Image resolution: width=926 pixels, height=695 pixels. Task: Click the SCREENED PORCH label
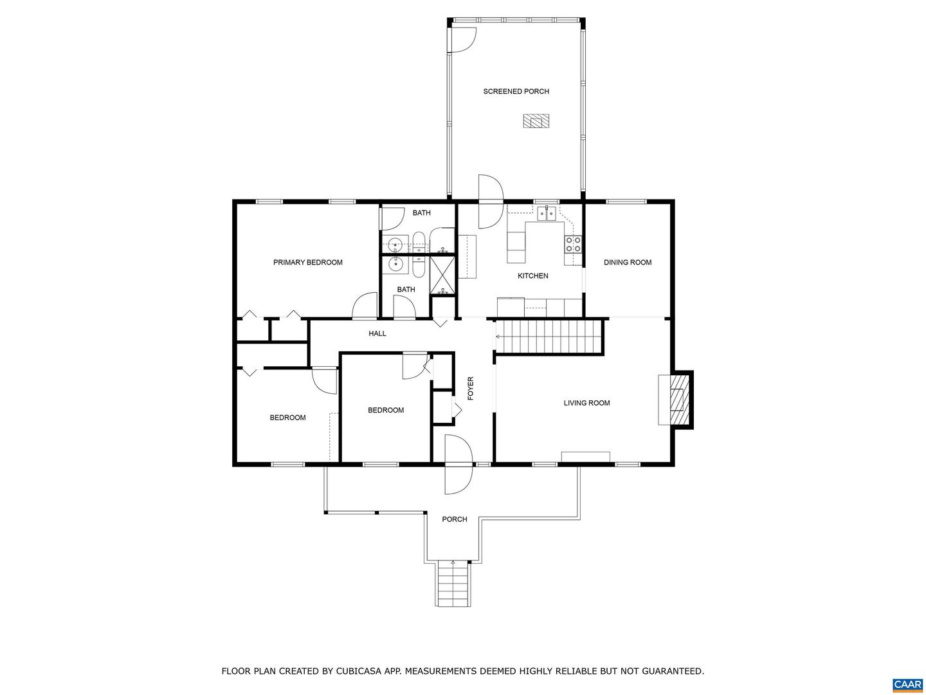point(516,91)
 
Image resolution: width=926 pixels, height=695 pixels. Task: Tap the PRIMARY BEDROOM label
point(307,262)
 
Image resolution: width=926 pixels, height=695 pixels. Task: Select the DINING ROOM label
point(628,262)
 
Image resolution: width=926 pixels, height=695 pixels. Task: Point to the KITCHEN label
point(533,275)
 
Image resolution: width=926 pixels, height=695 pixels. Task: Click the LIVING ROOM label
point(586,403)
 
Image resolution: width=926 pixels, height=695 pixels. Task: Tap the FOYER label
point(470,388)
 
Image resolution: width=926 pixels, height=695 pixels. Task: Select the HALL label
point(377,333)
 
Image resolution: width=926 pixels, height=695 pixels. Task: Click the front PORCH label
point(455,519)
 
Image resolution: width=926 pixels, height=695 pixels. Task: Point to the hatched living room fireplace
point(678,399)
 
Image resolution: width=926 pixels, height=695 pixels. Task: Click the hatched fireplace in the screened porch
point(536,121)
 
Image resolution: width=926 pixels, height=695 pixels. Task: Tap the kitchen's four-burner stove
point(573,245)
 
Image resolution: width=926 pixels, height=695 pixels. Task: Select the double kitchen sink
point(547,214)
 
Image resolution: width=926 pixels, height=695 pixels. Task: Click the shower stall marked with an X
point(442,275)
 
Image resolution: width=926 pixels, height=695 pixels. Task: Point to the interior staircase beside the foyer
point(549,336)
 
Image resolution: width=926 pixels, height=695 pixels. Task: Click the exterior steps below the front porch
point(453,584)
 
